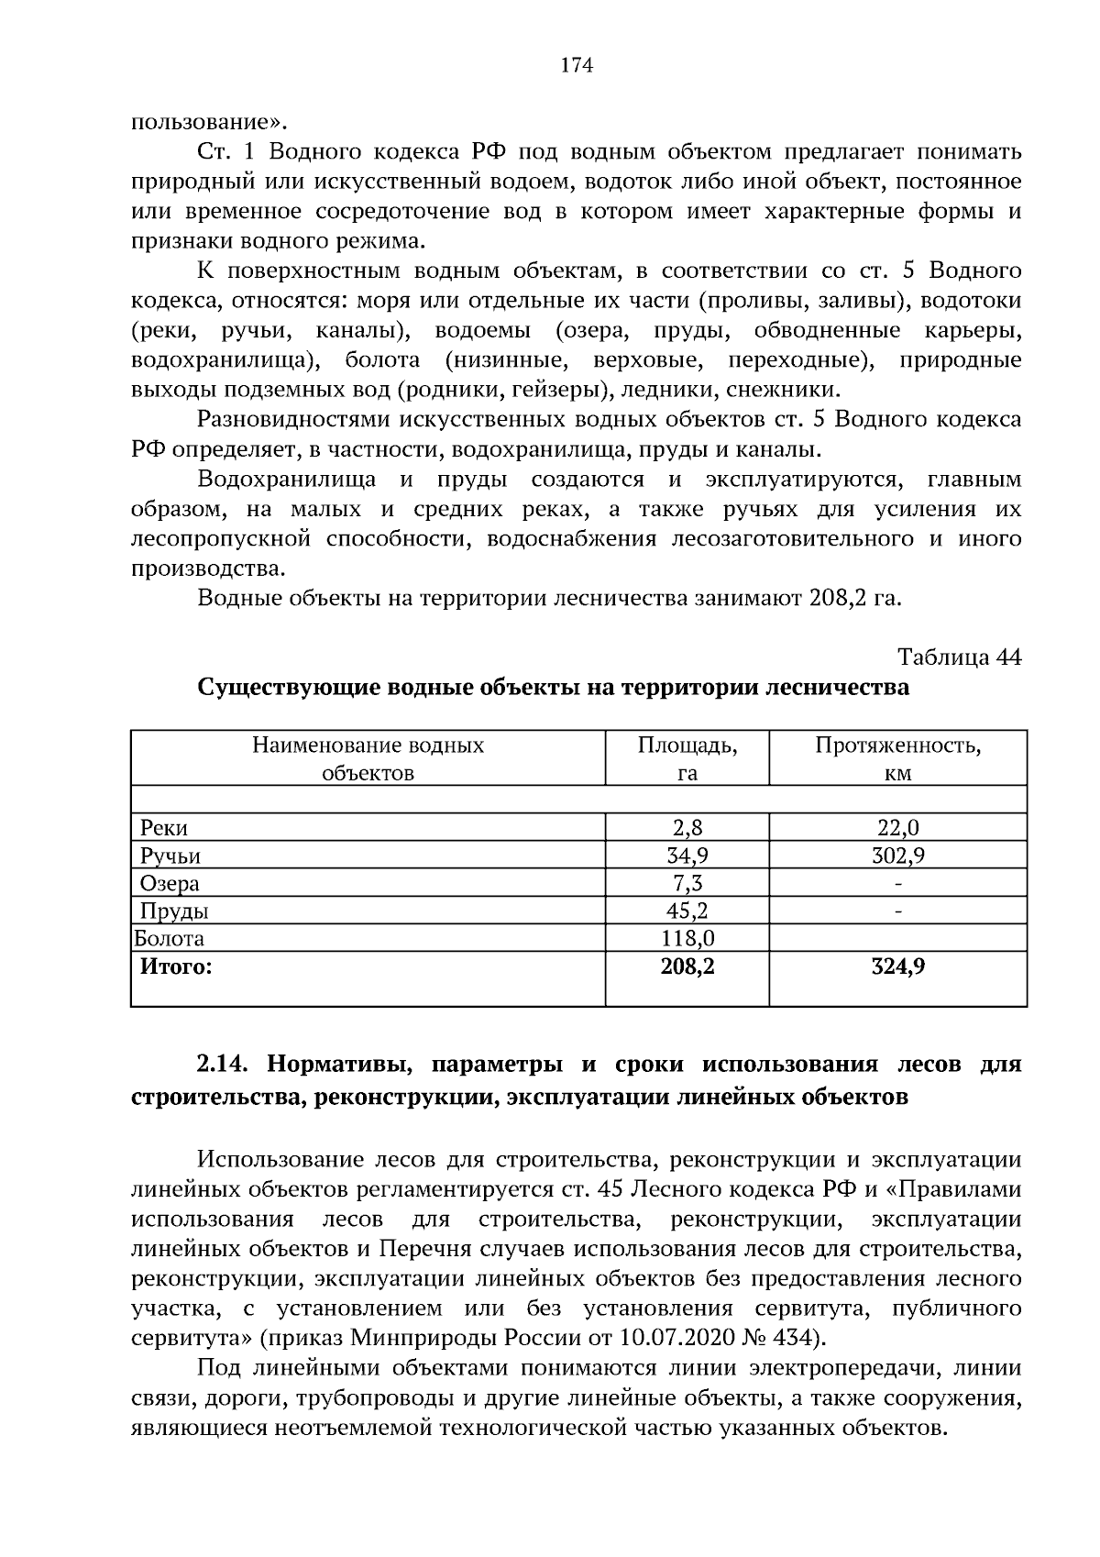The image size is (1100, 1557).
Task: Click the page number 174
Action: [x=576, y=65]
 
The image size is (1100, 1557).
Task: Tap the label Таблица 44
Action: [x=959, y=657]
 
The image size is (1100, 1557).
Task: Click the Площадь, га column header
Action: [x=687, y=758]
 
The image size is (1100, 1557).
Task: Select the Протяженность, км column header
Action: [x=897, y=758]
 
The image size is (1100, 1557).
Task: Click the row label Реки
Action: [x=164, y=828]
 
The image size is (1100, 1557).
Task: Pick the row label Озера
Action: [x=170, y=884]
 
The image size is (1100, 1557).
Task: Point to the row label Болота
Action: [x=170, y=939]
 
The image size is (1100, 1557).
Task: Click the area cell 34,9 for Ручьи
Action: [x=687, y=856]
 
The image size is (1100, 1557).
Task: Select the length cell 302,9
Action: [x=897, y=856]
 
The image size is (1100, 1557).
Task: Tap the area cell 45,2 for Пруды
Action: [x=687, y=911]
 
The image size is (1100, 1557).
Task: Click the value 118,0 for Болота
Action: [x=687, y=939]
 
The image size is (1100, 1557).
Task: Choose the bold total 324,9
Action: [x=897, y=966]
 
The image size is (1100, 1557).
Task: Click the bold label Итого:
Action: [x=175, y=966]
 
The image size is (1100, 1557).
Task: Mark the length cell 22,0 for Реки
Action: [x=897, y=828]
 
